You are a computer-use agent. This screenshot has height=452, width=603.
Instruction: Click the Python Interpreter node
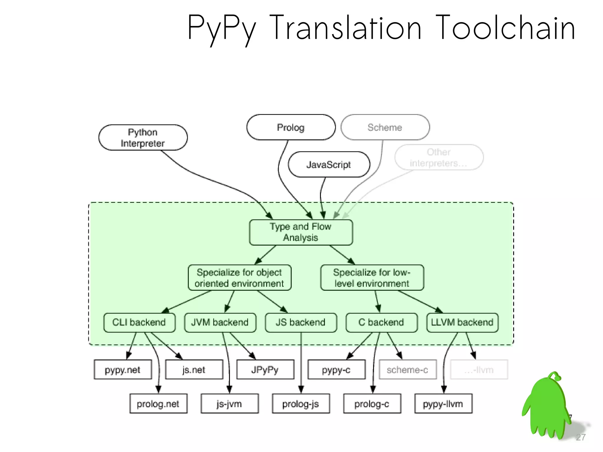click(143, 138)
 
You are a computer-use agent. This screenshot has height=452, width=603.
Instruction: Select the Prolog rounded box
click(291, 127)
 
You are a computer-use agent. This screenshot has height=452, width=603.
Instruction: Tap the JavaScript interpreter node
click(329, 164)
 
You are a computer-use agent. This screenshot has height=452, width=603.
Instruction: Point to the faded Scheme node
click(385, 127)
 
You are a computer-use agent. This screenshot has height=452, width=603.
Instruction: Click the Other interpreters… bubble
click(439, 157)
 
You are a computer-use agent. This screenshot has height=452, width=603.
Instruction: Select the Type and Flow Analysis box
click(301, 232)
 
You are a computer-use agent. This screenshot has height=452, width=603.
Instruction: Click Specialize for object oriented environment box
click(239, 278)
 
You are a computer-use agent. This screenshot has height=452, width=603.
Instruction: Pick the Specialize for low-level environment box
click(372, 278)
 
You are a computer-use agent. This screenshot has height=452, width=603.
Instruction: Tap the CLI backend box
click(139, 322)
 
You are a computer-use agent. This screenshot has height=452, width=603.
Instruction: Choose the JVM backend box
click(220, 322)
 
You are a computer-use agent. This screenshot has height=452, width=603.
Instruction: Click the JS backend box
click(301, 322)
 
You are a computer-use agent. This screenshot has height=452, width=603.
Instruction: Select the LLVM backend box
click(462, 322)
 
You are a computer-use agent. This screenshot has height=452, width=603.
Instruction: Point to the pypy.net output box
click(123, 370)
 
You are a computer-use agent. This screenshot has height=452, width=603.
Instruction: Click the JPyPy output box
click(265, 370)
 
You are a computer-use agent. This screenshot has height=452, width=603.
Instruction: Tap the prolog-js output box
click(301, 404)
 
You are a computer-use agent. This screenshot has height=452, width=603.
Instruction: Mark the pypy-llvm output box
click(443, 404)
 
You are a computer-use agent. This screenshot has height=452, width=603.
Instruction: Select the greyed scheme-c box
click(407, 370)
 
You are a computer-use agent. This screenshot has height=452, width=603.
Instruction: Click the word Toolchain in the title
click(505, 28)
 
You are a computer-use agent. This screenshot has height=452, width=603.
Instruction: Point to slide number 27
click(581, 437)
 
